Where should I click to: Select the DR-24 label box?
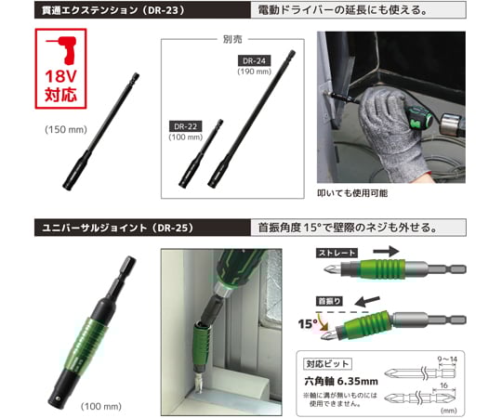(254, 60)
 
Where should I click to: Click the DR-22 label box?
(187, 126)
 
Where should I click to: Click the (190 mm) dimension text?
(255, 72)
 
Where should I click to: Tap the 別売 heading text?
(233, 39)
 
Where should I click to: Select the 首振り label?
(330, 299)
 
